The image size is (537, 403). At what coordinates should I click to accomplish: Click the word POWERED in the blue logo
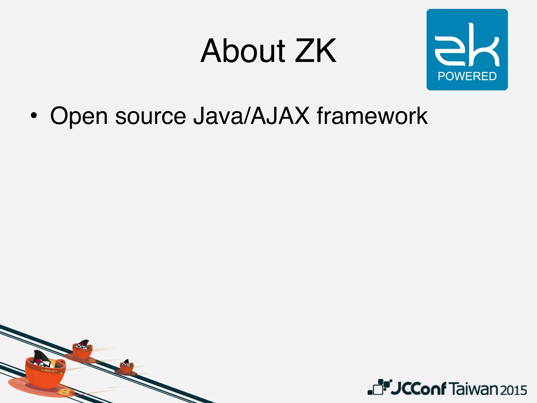click(467, 76)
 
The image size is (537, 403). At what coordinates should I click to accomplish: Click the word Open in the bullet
click(79, 116)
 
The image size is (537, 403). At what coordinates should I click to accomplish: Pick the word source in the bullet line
click(151, 116)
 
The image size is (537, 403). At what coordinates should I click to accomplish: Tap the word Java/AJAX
click(251, 116)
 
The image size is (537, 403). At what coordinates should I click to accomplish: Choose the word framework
click(372, 116)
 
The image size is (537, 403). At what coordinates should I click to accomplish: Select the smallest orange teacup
click(127, 367)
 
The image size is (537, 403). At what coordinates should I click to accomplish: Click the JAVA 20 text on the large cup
click(49, 371)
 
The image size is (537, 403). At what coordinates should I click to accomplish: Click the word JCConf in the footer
click(418, 389)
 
